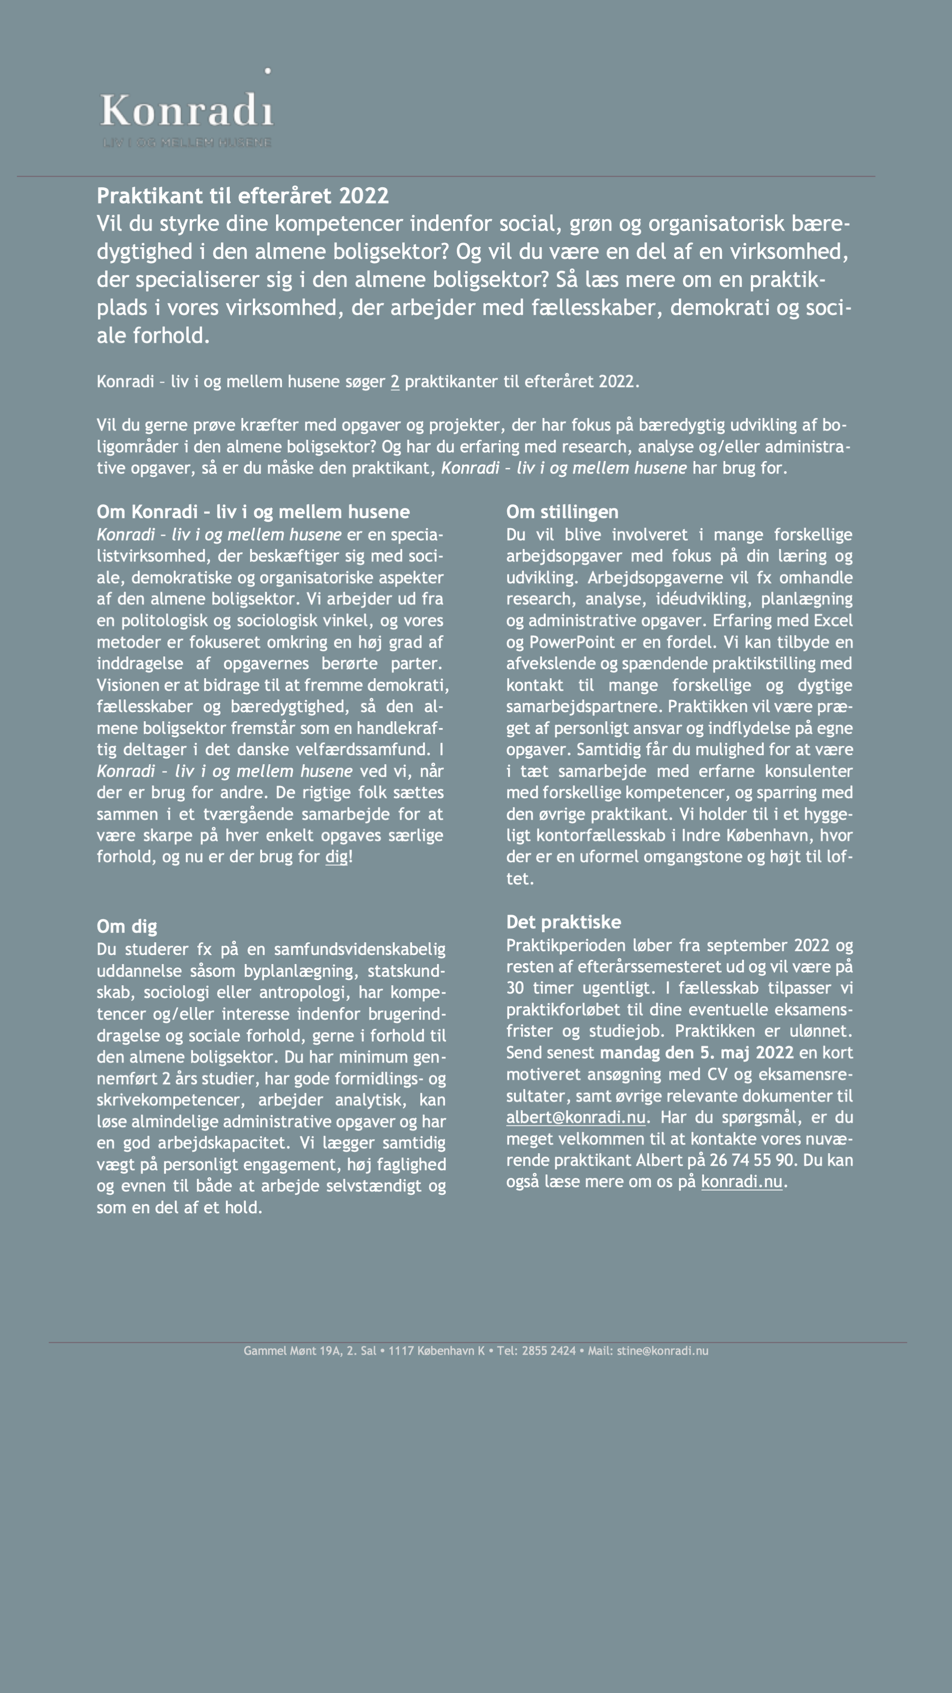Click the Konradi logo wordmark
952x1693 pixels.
[187, 110]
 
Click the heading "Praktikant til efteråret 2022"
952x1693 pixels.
[242, 196]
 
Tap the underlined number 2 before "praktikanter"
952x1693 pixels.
[395, 382]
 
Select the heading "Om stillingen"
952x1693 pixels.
[562, 512]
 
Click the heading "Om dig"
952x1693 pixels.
[127, 927]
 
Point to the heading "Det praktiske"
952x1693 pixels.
[563, 922]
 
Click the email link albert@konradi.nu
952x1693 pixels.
[575, 1117]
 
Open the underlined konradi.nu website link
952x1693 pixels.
[741, 1182]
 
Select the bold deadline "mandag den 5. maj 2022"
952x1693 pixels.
[696, 1053]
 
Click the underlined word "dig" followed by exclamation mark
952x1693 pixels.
[337, 857]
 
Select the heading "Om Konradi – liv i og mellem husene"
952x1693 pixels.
[253, 512]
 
